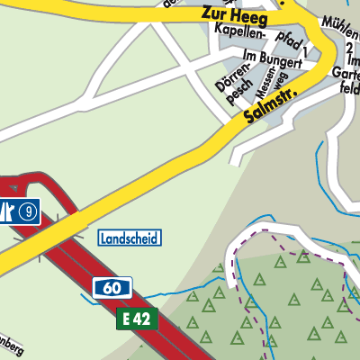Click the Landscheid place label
(x=129, y=238)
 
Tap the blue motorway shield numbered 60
(x=112, y=288)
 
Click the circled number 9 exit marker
(x=31, y=212)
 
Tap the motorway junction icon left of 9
(x=8, y=212)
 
